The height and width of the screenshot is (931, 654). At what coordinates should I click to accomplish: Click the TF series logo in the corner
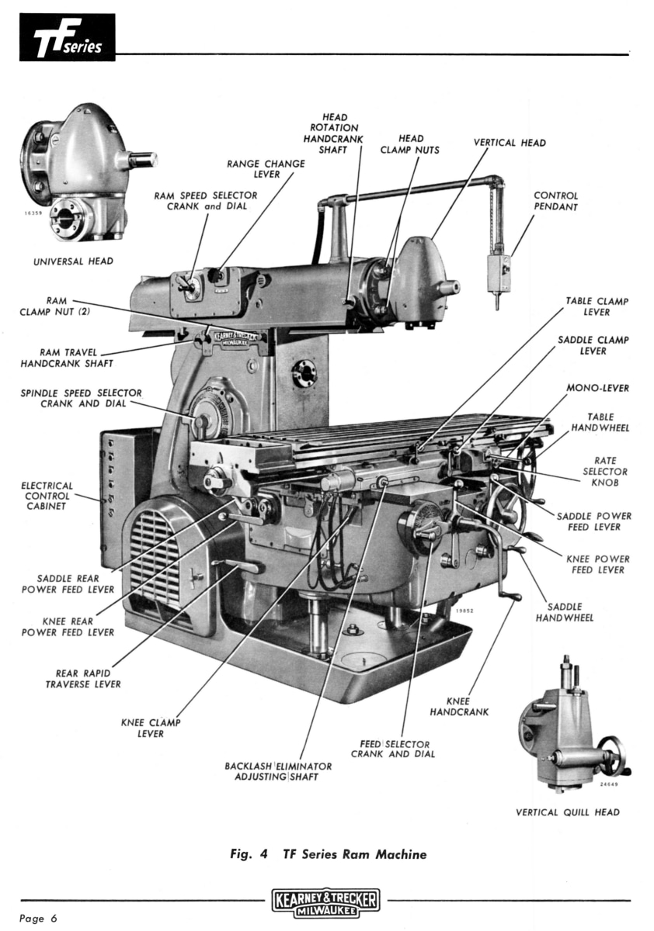point(68,37)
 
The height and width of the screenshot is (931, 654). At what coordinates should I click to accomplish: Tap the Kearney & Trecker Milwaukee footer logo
point(326,903)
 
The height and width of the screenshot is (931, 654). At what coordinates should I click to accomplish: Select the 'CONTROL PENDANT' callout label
point(555,202)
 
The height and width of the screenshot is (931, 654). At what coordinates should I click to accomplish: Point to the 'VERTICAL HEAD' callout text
point(510,143)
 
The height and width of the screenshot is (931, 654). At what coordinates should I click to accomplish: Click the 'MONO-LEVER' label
point(597,388)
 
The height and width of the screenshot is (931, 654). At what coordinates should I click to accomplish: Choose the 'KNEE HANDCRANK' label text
point(459,706)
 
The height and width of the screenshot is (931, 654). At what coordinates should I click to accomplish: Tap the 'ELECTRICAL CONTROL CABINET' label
point(48,496)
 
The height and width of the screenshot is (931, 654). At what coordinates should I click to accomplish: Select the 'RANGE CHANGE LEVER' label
point(266,169)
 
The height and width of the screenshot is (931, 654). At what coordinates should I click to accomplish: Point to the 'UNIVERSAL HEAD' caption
point(73,261)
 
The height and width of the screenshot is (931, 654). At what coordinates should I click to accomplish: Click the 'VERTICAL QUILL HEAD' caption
point(568,812)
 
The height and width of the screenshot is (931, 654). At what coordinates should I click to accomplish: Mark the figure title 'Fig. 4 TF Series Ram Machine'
point(328,855)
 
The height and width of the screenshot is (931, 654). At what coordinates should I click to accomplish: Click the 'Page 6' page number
point(39,919)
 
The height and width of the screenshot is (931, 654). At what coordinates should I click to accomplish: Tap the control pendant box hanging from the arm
point(498,272)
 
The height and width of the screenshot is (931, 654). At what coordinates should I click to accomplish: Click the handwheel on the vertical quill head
point(611,756)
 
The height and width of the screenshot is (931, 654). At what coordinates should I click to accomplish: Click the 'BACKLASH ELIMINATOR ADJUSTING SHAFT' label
point(278,771)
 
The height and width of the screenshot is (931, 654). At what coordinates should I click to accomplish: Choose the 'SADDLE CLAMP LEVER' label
point(593,345)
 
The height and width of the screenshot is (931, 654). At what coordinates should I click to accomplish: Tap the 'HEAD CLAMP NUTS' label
point(409,144)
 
